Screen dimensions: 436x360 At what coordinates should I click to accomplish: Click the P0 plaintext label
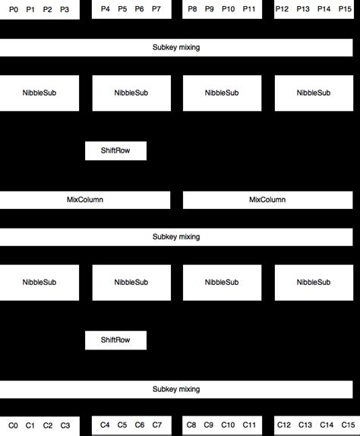tap(14, 9)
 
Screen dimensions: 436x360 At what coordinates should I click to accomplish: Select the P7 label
tap(156, 9)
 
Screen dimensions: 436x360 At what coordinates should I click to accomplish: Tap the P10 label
tap(228, 9)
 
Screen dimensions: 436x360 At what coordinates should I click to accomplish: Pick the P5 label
tap(122, 9)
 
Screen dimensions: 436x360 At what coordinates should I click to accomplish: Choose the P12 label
tap(282, 9)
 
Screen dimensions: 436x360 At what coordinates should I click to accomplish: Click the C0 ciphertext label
tap(13, 425)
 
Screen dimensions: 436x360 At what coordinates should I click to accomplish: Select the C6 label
tap(140, 425)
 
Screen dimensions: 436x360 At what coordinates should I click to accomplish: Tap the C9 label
tap(209, 425)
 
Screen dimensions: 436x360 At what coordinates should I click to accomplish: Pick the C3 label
tap(65, 425)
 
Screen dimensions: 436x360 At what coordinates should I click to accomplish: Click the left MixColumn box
tap(85, 200)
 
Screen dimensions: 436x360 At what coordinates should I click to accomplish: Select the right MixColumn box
tap(267, 200)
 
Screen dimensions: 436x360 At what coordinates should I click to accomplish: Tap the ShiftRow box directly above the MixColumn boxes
tap(115, 150)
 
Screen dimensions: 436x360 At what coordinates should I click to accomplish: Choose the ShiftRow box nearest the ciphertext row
tap(115, 340)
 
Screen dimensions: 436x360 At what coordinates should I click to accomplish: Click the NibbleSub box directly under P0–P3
tap(39, 93)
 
